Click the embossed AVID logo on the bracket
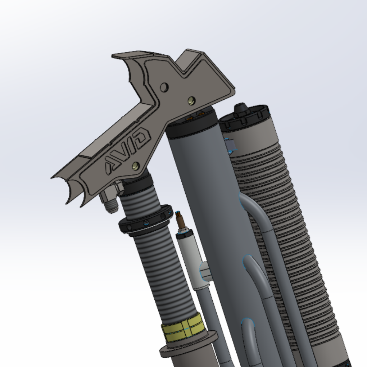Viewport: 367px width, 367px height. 128,148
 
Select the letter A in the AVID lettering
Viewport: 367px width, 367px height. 111,164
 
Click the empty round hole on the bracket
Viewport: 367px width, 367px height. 164,87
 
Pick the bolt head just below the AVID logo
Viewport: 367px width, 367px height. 136,166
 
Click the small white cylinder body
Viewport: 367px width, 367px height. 191,255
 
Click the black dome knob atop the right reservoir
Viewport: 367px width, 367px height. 240,108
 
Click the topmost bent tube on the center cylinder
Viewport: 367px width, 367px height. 252,209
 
